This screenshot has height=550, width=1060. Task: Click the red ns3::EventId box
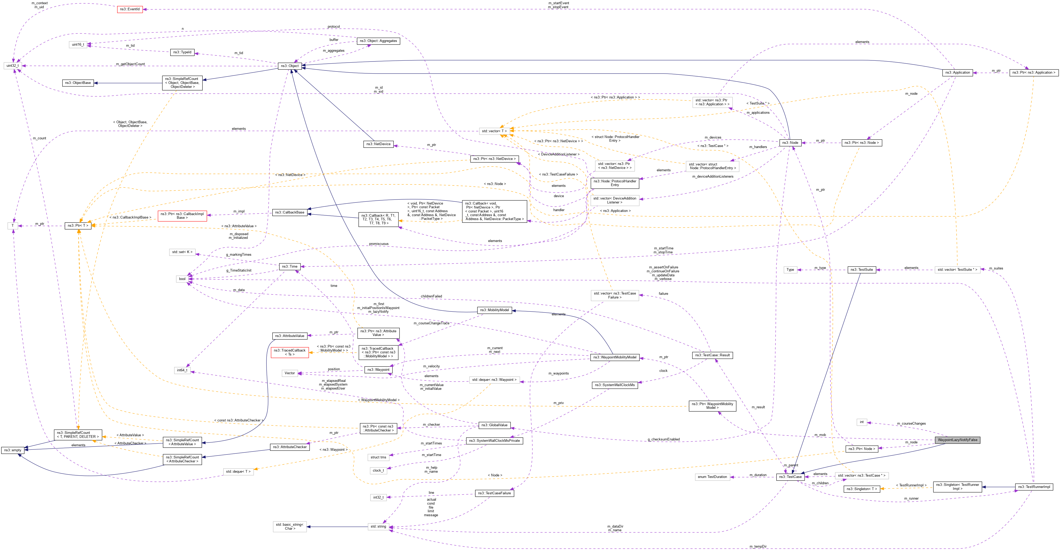pos(130,9)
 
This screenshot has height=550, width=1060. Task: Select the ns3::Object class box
pos(290,66)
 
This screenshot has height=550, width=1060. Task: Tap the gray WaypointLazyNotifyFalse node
pos(957,440)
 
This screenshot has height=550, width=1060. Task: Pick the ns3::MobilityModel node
pos(495,310)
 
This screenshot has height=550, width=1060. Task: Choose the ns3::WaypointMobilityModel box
pos(615,357)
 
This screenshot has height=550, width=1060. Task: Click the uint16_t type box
pos(78,44)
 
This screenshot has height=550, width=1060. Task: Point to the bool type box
pos(182,279)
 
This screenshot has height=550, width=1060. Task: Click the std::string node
pos(378,527)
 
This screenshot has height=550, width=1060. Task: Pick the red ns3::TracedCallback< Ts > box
pos(290,352)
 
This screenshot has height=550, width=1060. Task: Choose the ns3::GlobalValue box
pos(494,425)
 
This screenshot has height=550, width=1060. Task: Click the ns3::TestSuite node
pos(862,270)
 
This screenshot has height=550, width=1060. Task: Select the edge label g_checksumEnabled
pos(663,439)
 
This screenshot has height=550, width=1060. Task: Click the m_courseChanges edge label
pos(911,423)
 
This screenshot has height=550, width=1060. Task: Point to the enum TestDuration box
pos(712,477)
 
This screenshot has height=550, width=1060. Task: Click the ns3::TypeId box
pos(182,52)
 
